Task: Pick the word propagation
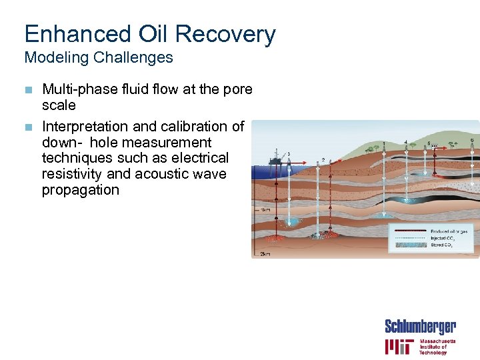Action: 80,190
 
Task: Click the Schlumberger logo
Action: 420,327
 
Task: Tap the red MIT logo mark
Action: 400,347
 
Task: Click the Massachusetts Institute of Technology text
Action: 437,347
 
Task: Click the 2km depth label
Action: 265,254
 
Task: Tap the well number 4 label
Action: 407,142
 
